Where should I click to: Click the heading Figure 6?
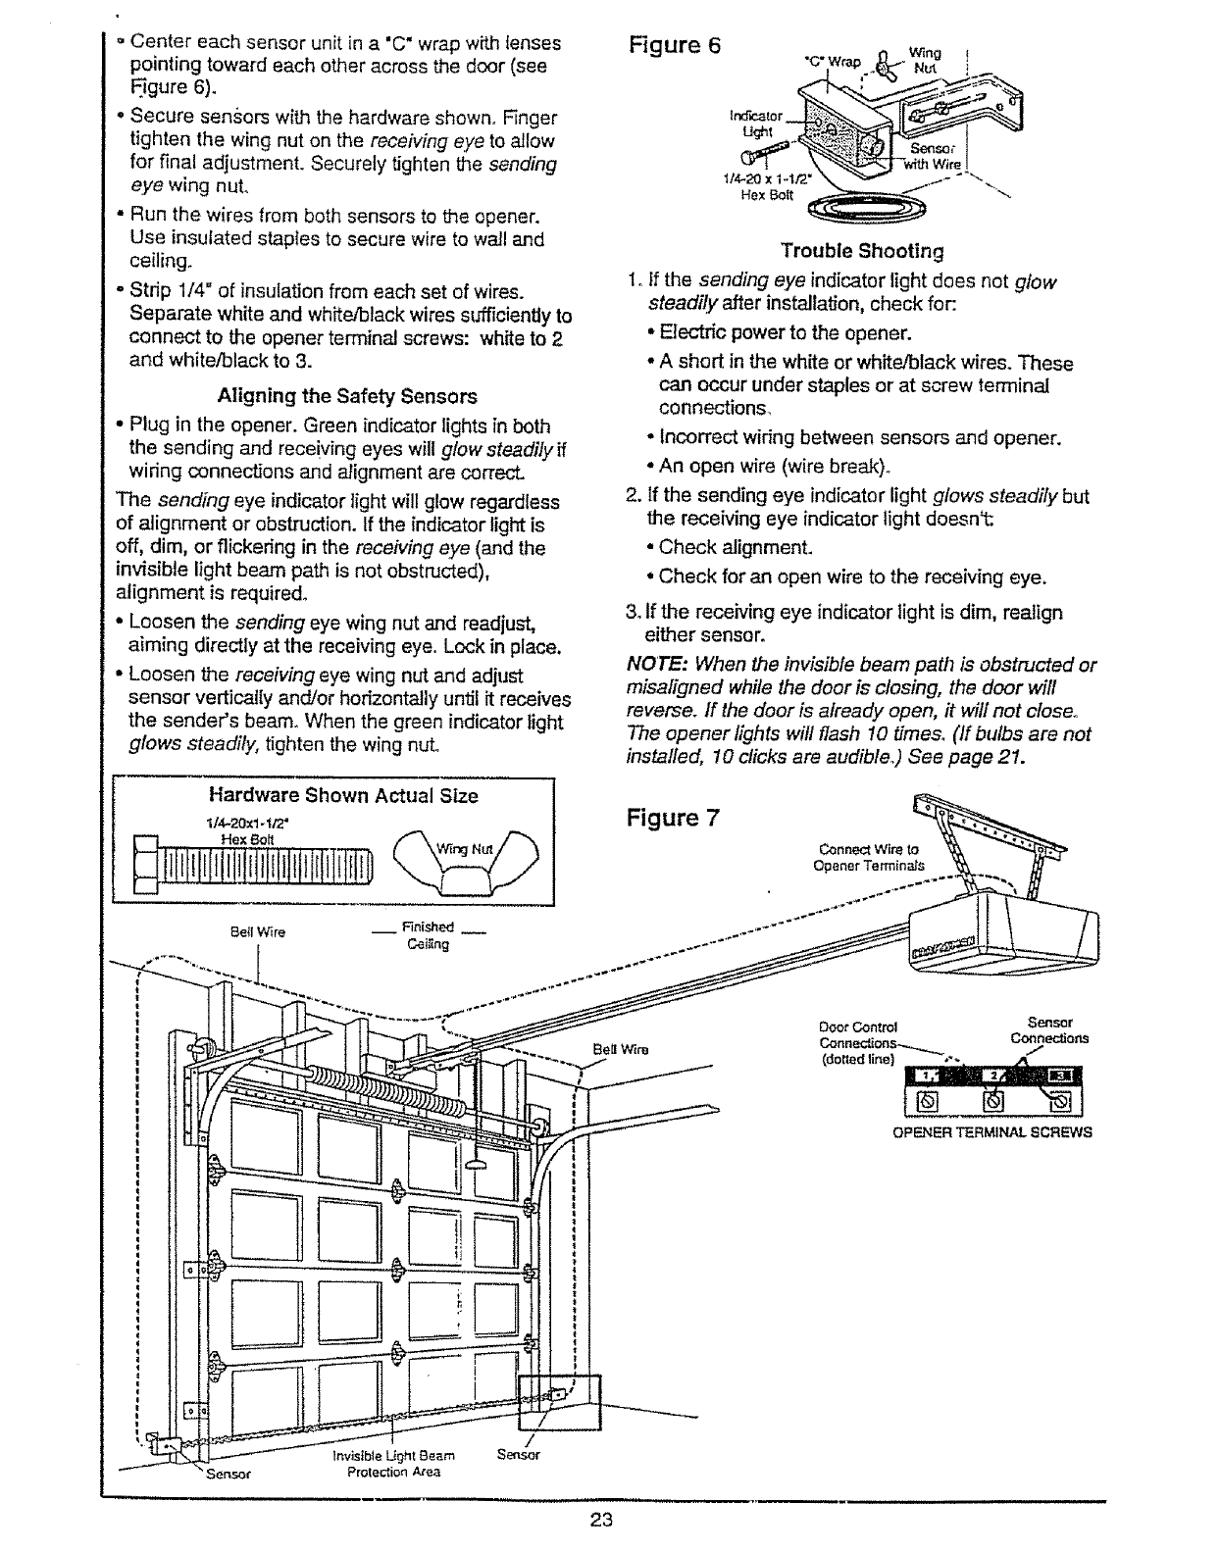pyautogui.click(x=673, y=46)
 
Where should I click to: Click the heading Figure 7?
pyautogui.click(x=673, y=818)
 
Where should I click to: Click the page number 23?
pyautogui.click(x=601, y=1521)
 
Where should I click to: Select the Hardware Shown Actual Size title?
pyautogui.click(x=343, y=795)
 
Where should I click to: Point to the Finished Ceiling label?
pyautogui.click(x=428, y=936)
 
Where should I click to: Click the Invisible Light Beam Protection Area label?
pyautogui.click(x=394, y=1463)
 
